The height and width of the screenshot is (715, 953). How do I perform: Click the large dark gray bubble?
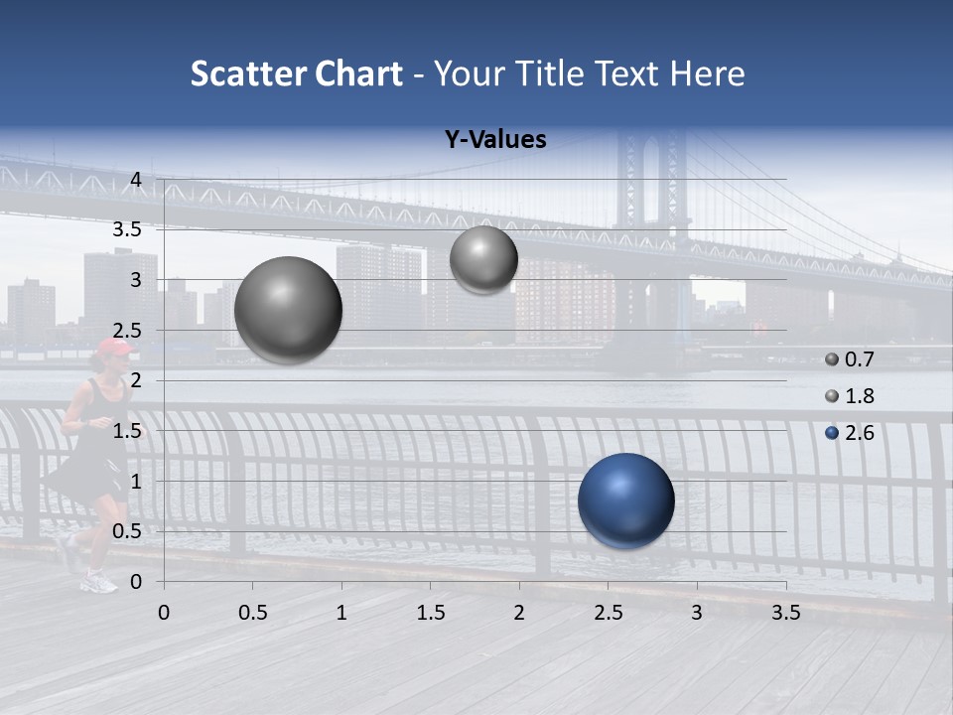coord(288,310)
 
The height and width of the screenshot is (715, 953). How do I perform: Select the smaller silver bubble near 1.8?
coord(483,259)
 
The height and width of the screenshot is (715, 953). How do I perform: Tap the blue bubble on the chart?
coord(625,500)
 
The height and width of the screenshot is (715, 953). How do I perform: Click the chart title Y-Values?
coord(495,140)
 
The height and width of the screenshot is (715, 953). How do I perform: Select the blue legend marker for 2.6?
coord(832,433)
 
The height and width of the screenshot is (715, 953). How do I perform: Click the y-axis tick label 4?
coord(137,180)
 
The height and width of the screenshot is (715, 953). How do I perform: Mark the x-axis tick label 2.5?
coord(608,613)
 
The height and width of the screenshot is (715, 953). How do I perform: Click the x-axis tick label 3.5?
coord(785,613)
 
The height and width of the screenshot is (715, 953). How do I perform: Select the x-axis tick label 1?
coord(341,613)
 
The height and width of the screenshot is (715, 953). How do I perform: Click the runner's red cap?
coord(112,347)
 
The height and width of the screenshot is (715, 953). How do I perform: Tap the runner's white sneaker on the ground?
coord(99,582)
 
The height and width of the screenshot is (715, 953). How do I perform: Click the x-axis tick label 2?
coord(519,613)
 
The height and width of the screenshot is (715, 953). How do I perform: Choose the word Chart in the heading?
coord(357,73)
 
